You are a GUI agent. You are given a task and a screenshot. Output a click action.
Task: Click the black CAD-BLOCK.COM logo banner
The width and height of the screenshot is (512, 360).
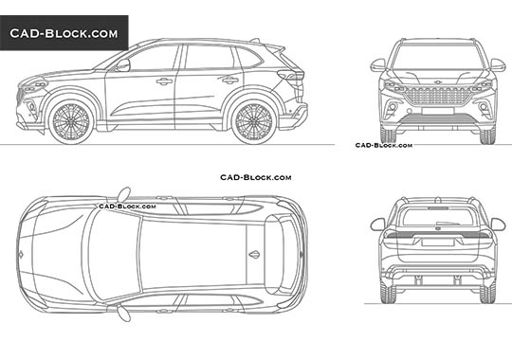64,33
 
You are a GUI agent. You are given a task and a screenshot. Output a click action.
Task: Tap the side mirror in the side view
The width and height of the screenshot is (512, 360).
122,65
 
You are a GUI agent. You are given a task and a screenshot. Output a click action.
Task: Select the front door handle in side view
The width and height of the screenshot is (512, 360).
164,81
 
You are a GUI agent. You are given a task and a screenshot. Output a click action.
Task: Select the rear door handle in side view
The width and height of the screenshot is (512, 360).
229,80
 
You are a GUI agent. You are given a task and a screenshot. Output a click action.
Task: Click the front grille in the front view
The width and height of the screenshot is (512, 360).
439,96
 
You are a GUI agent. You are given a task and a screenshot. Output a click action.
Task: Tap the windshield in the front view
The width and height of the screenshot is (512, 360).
439,56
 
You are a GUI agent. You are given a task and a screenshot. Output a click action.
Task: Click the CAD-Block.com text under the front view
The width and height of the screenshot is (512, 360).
384,145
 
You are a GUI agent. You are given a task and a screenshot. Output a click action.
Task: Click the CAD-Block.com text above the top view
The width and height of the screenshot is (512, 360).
256,177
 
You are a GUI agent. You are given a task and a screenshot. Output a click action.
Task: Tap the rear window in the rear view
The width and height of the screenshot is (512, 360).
438,217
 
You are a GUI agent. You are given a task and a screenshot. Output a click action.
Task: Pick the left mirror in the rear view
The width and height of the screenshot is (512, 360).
377,225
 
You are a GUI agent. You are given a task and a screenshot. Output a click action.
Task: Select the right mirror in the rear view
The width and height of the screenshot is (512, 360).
499,225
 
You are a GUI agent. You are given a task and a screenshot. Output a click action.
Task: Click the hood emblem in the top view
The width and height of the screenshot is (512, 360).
21,254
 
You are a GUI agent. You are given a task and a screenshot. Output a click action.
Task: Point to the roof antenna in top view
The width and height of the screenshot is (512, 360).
253,254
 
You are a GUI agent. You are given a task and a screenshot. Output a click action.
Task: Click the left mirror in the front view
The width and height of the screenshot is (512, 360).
378,64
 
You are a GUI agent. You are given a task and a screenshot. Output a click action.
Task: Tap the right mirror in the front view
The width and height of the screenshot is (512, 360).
499,64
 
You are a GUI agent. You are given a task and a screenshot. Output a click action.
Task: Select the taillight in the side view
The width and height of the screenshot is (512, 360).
298,76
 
